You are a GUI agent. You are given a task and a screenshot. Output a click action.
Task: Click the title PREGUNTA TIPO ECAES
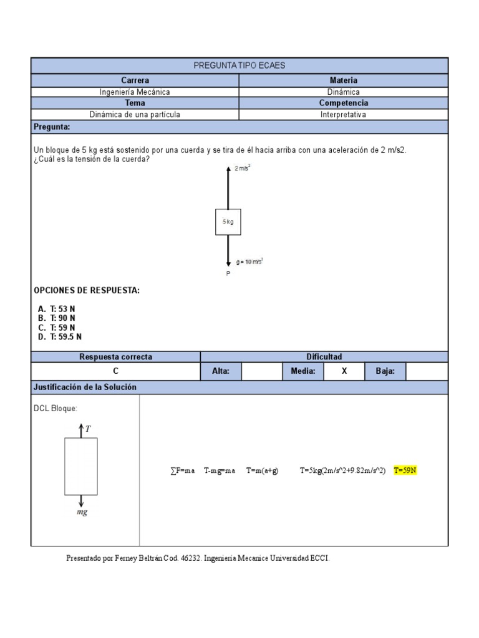click(x=239, y=65)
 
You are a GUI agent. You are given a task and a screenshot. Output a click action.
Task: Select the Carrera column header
click(x=135, y=80)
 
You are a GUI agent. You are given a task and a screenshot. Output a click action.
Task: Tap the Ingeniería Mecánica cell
click(x=135, y=92)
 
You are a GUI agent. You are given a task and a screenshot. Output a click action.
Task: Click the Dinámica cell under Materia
click(x=343, y=92)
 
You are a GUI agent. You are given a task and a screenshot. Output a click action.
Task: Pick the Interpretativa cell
click(x=343, y=115)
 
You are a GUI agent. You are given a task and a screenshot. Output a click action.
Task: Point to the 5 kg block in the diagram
click(x=228, y=222)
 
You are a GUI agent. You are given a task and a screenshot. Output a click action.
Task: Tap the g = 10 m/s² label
click(x=250, y=262)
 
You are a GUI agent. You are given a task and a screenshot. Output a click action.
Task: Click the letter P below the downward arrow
click(x=228, y=274)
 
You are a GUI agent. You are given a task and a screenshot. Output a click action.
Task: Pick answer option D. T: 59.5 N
click(x=60, y=336)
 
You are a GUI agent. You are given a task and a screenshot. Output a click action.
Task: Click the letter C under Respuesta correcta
click(x=115, y=371)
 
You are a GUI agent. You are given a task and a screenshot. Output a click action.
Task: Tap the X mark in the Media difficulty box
click(x=344, y=371)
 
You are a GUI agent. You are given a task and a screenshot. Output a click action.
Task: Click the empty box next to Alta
click(x=261, y=371)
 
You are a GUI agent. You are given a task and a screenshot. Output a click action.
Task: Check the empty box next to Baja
click(x=427, y=371)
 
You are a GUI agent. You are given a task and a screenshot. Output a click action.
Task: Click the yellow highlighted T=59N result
click(x=405, y=470)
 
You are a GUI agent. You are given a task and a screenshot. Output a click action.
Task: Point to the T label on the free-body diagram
click(x=88, y=429)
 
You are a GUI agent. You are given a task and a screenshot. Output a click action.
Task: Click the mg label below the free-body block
click(x=82, y=512)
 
